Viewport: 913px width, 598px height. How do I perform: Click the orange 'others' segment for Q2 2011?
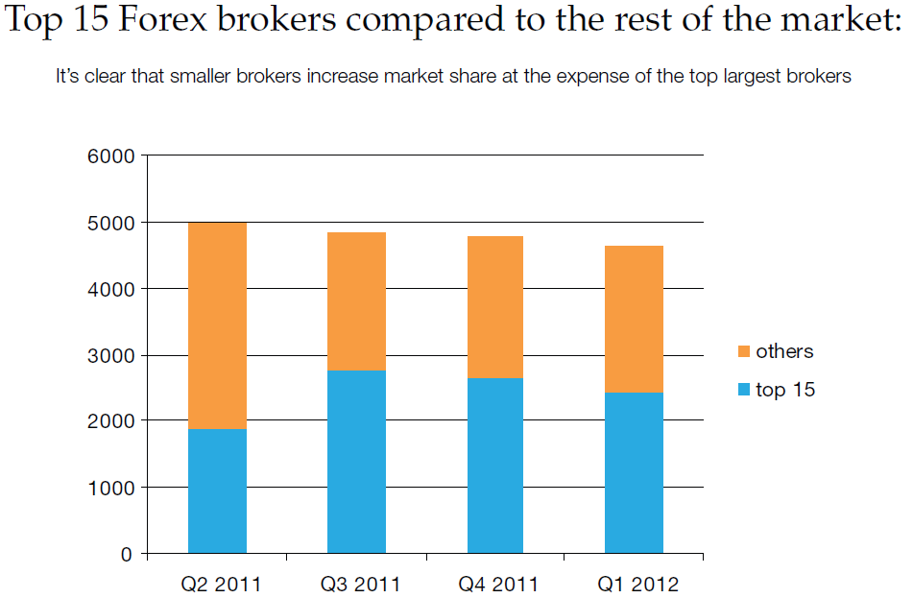coord(217,325)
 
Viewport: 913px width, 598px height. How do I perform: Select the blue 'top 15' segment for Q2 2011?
coord(217,490)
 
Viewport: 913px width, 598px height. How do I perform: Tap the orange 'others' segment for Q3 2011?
coord(356,301)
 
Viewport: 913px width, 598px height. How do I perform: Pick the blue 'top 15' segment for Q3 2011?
coord(356,462)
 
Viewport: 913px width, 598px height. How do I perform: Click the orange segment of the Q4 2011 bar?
coord(495,307)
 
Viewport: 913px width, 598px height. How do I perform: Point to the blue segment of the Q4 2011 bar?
coord(495,466)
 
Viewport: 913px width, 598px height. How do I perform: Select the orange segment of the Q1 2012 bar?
coord(634,319)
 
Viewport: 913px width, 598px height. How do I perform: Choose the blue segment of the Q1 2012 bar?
coord(634,473)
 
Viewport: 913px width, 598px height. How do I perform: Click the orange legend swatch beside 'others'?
coord(744,351)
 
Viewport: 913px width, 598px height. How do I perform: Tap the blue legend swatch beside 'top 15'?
coord(744,390)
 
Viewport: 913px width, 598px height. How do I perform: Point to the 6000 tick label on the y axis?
coord(110,156)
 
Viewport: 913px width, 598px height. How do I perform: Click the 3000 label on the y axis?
coord(110,356)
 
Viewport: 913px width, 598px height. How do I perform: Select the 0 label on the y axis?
coord(127,555)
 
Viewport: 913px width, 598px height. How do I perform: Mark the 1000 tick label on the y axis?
coord(110,488)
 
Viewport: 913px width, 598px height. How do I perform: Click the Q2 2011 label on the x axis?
coord(221,584)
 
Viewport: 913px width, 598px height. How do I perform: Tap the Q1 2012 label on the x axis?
coord(638,584)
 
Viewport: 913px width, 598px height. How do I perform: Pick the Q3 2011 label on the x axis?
coord(360,584)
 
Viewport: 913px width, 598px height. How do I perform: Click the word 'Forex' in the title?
coord(162,18)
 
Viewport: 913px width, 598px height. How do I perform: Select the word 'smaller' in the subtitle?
coord(202,76)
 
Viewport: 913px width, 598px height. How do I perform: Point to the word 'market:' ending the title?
coord(841,19)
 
